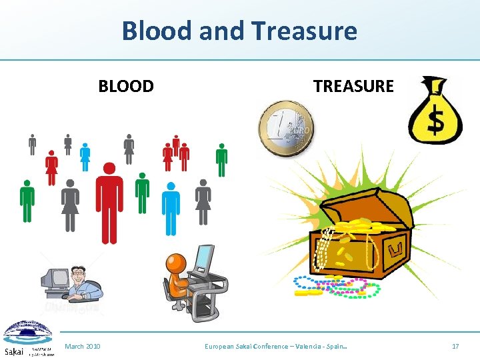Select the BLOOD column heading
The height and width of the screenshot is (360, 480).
[126, 87]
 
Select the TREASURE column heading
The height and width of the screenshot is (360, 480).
[353, 87]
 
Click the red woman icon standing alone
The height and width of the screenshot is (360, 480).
[51, 167]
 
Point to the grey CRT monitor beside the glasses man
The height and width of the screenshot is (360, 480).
[55, 279]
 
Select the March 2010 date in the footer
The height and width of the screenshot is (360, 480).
[83, 346]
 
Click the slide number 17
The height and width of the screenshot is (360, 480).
[455, 346]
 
